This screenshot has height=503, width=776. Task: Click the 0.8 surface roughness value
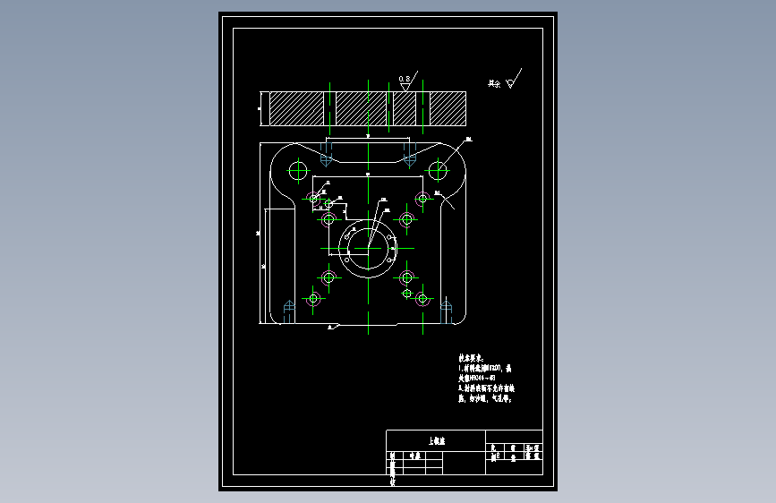pyautogui.click(x=405, y=79)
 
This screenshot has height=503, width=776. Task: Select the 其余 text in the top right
pyautogui.click(x=494, y=83)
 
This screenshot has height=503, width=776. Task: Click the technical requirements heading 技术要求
pyautogui.click(x=472, y=355)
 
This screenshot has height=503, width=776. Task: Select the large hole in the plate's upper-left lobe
pyautogui.click(x=298, y=169)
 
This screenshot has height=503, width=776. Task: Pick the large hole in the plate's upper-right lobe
pyautogui.click(x=438, y=169)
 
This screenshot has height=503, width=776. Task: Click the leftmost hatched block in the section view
pyautogui.click(x=296, y=108)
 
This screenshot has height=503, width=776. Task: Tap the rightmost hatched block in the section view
pyautogui.click(x=447, y=108)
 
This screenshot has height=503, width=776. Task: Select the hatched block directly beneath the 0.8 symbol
pyautogui.click(x=405, y=108)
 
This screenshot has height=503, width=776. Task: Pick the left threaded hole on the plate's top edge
pyautogui.click(x=326, y=158)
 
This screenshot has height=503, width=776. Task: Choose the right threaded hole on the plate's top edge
pyautogui.click(x=409, y=158)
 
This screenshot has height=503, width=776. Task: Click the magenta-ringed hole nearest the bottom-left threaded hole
pyautogui.click(x=313, y=298)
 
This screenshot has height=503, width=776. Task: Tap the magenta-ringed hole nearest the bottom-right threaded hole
pyautogui.click(x=422, y=298)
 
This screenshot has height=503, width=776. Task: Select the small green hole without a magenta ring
pyautogui.click(x=407, y=293)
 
